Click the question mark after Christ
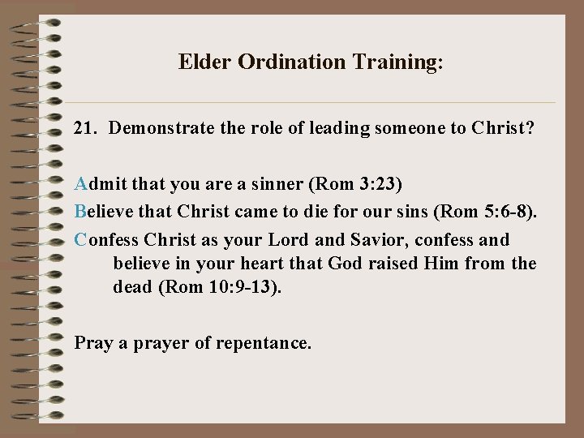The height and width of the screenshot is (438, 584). click(530, 128)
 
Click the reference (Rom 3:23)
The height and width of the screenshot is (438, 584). click(355, 184)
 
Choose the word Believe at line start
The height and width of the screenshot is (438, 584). click(101, 212)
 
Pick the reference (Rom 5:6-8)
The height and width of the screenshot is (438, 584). click(486, 212)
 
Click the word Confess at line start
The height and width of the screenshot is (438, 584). click(106, 240)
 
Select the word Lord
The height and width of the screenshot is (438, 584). click(289, 240)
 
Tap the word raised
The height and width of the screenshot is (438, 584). click(392, 263)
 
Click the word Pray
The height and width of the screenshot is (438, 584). click(92, 343)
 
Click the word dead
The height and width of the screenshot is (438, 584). click(133, 286)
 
